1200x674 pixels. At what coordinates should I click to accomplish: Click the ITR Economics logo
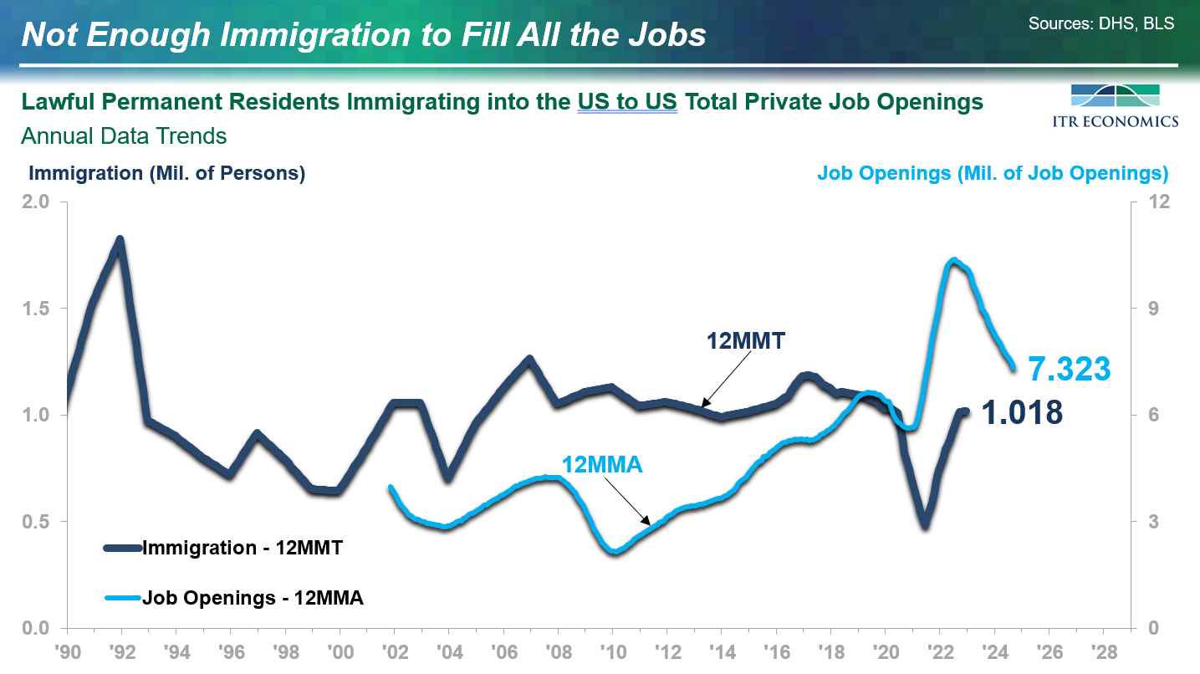[1116, 105]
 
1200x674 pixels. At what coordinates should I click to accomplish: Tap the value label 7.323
[1069, 368]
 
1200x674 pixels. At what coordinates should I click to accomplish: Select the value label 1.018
[1022, 412]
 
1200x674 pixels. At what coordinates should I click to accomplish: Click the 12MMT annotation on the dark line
[745, 341]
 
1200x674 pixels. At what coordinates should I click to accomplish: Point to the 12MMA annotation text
[601, 465]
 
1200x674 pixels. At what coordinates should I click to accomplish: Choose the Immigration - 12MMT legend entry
[243, 548]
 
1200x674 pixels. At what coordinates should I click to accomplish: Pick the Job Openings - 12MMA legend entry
[252, 598]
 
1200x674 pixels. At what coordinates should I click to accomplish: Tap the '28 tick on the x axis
[1103, 651]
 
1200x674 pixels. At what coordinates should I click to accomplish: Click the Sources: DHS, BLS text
[1100, 23]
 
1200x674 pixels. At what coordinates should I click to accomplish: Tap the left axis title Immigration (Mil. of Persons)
[167, 173]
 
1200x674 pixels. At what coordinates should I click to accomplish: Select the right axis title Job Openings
[992, 173]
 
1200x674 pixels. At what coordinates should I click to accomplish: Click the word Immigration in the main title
[274, 35]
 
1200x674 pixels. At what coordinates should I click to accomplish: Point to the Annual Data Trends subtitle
[124, 135]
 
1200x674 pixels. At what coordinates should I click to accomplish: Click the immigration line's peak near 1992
[120, 239]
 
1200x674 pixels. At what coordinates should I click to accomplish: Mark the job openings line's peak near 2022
[952, 261]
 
